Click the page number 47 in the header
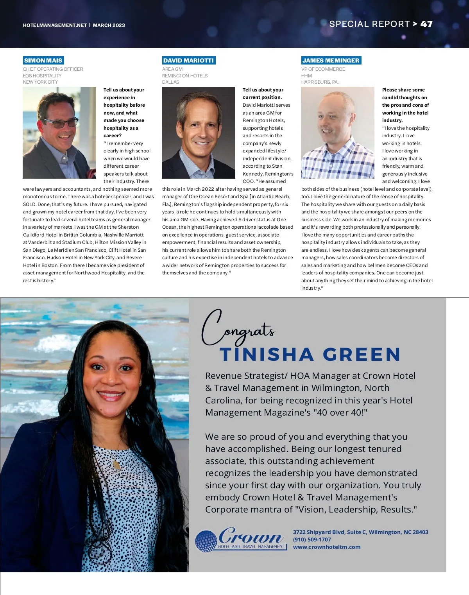coord(426,24)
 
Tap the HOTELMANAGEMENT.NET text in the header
coord(55,25)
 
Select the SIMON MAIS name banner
coord(43,61)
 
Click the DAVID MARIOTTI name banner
coord(189,61)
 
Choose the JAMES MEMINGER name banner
coord(331,61)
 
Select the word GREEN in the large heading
coord(362,355)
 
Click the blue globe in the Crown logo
coord(206,541)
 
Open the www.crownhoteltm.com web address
coord(327,547)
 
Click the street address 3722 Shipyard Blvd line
coord(360,532)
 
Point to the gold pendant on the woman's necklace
coord(116,465)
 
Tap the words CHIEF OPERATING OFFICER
coord(53,69)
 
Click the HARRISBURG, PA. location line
coord(320,82)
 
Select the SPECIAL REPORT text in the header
coord(369,24)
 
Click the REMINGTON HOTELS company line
coord(185,76)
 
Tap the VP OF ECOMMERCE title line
coord(323,69)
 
